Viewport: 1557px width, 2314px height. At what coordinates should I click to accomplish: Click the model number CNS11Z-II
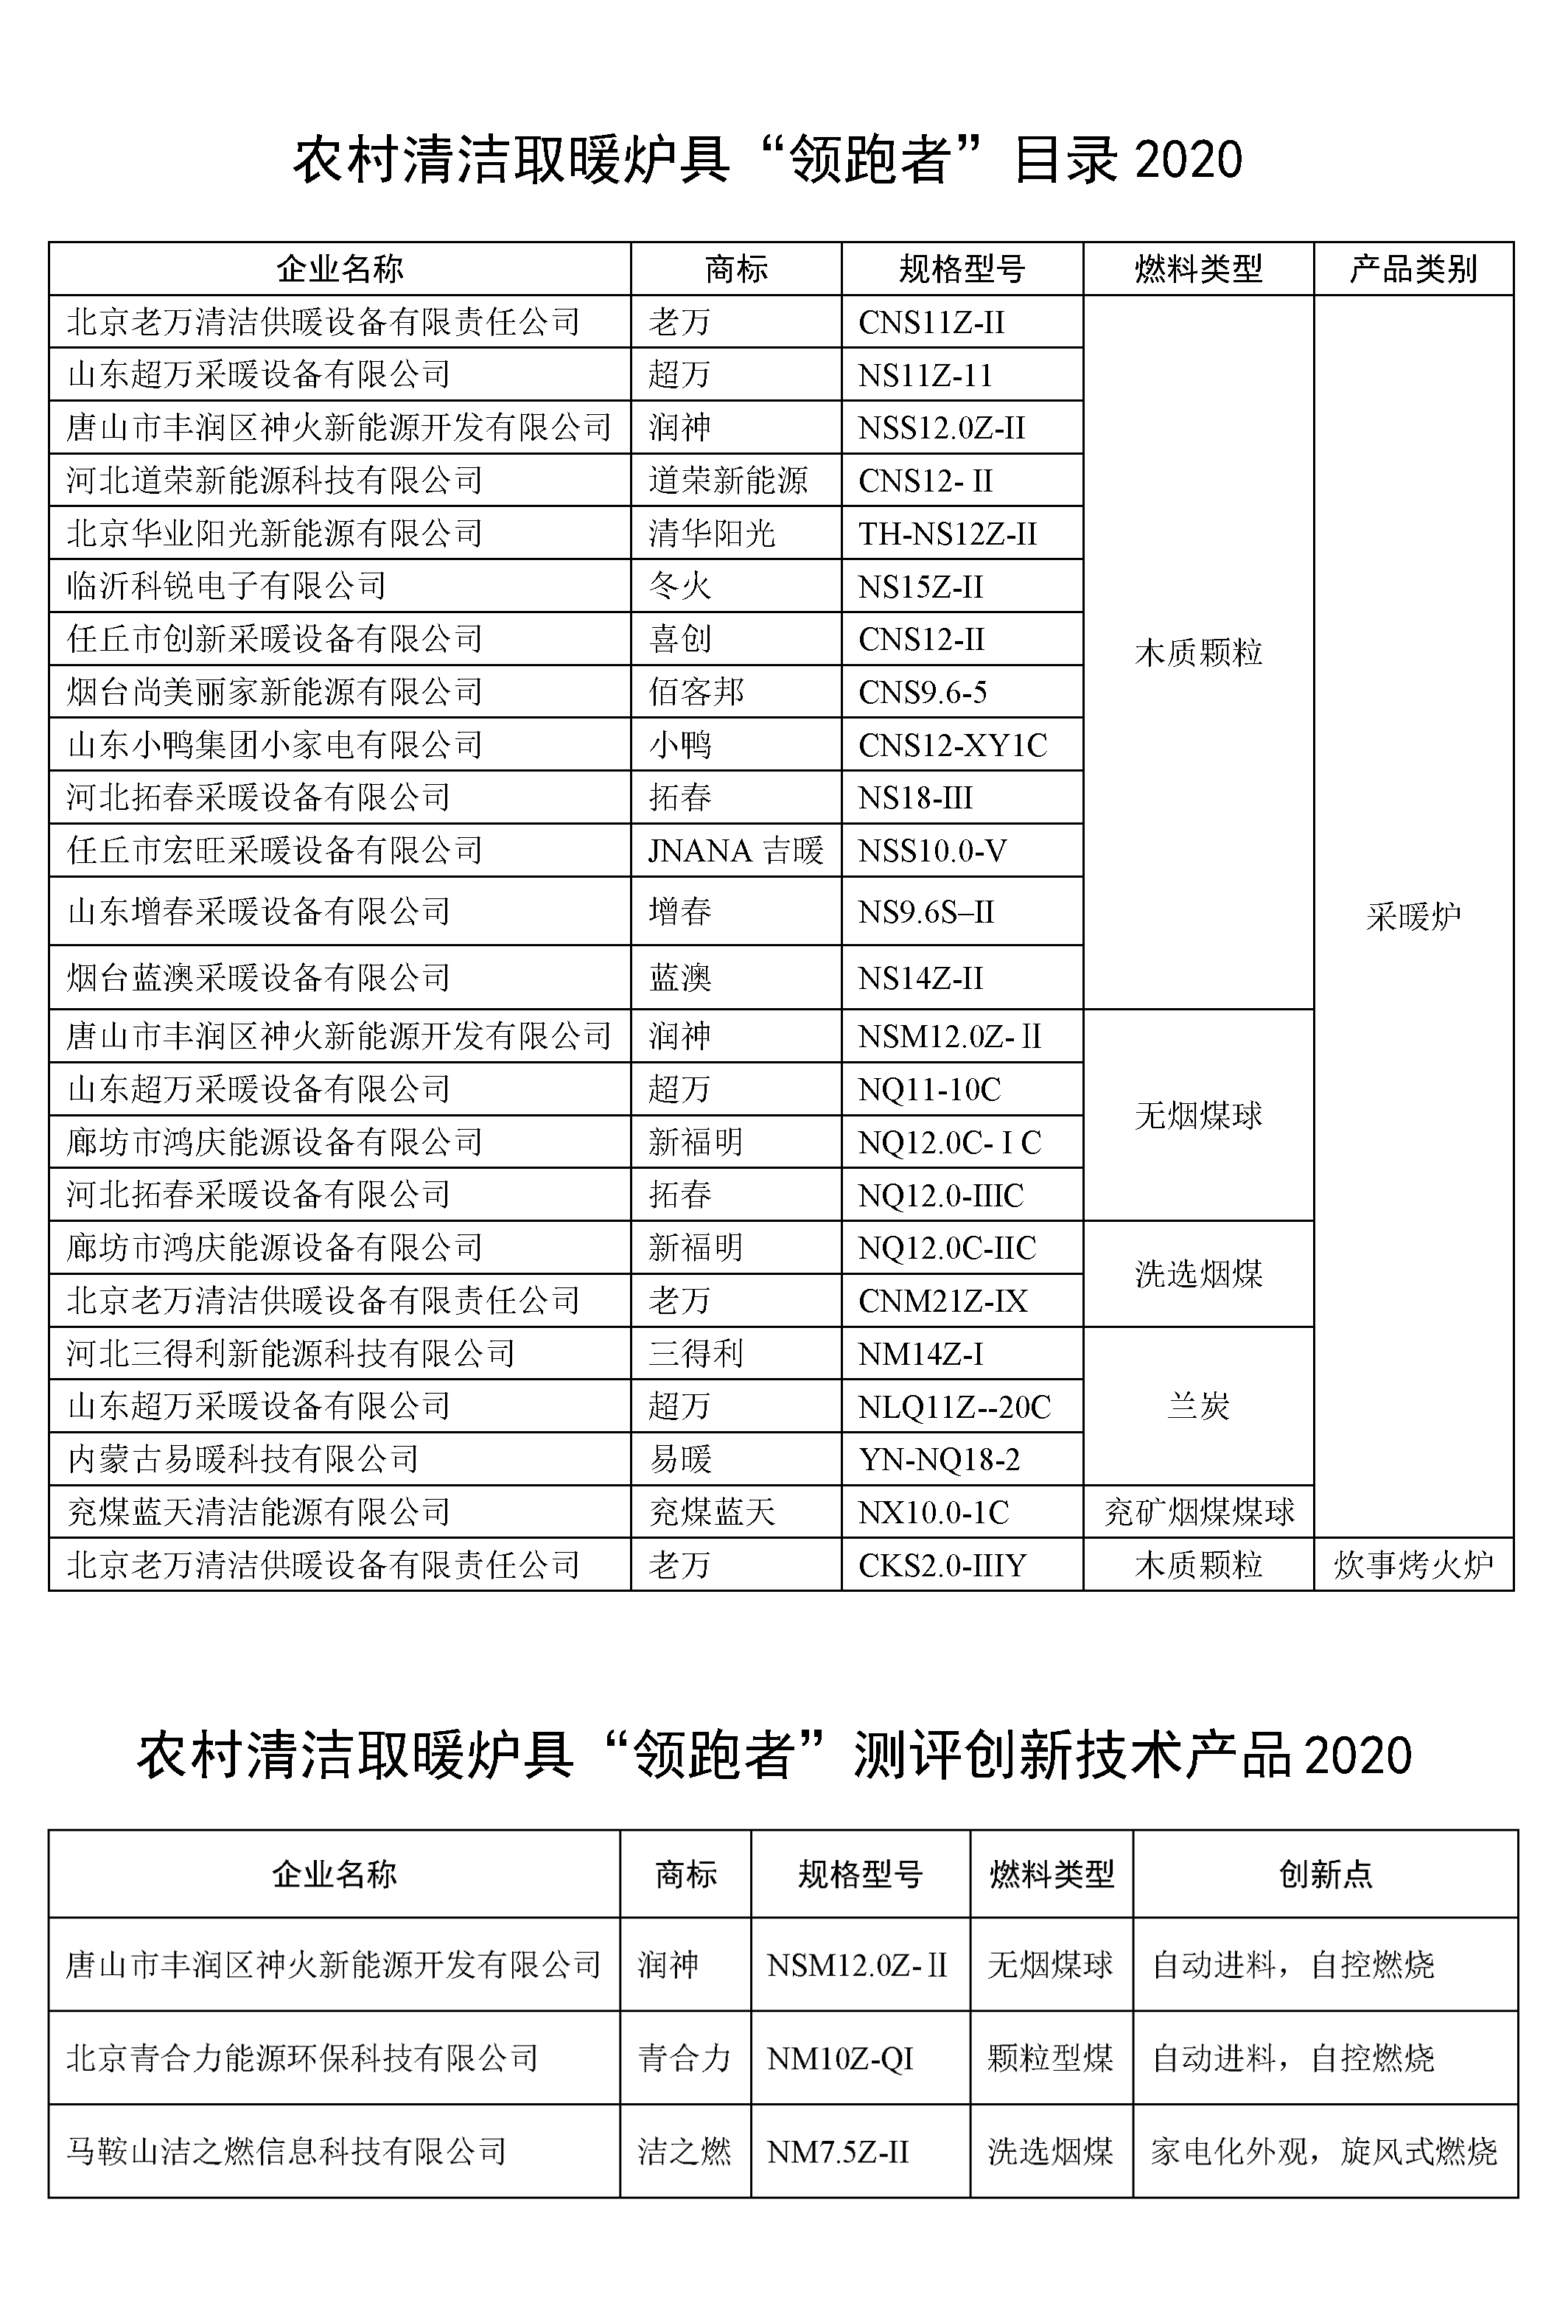coord(931,322)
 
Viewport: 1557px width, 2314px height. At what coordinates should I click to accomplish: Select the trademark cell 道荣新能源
coord(728,480)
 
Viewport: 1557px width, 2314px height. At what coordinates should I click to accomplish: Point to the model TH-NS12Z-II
coord(948,534)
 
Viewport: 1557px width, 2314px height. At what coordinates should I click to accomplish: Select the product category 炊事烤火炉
coord(1413,1565)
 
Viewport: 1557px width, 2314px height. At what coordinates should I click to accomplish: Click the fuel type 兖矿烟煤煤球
coord(1199,1512)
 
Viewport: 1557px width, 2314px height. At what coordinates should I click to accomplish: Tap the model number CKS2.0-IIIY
coord(942,1565)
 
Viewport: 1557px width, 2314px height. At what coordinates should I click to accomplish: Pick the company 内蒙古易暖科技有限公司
coord(243,1459)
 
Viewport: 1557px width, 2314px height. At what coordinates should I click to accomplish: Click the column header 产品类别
coord(1413,268)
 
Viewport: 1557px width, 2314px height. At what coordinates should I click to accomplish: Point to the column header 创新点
coord(1325,1874)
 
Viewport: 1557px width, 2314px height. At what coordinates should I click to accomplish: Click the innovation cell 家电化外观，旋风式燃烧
coord(1323,2151)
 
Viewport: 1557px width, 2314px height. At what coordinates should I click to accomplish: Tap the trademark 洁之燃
coord(684,2151)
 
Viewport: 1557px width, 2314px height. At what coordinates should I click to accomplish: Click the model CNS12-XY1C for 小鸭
coord(952,745)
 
